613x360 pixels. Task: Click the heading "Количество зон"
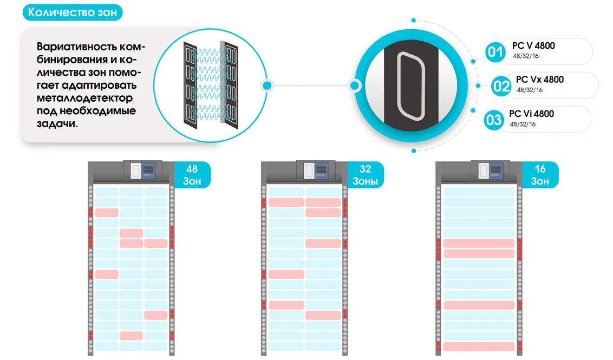[x=72, y=13]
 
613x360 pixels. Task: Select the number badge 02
[x=501, y=86]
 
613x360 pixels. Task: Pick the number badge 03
[x=494, y=119]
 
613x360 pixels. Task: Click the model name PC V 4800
[x=533, y=46]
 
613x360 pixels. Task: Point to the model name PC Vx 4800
[x=540, y=80]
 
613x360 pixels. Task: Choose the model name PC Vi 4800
[x=532, y=114]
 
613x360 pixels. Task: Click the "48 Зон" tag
[x=192, y=175]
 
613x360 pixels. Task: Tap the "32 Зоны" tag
[x=366, y=175]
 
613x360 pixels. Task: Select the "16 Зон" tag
[x=540, y=175]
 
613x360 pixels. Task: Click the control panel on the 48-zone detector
[x=143, y=171]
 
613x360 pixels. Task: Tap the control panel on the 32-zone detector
[x=317, y=171]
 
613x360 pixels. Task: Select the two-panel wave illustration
[x=210, y=84]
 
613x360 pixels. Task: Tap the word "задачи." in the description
[x=57, y=123]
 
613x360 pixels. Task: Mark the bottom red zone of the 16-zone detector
[x=479, y=346]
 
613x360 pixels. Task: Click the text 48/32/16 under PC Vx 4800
[x=530, y=90]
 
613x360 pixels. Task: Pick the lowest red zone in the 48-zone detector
[x=131, y=336]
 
